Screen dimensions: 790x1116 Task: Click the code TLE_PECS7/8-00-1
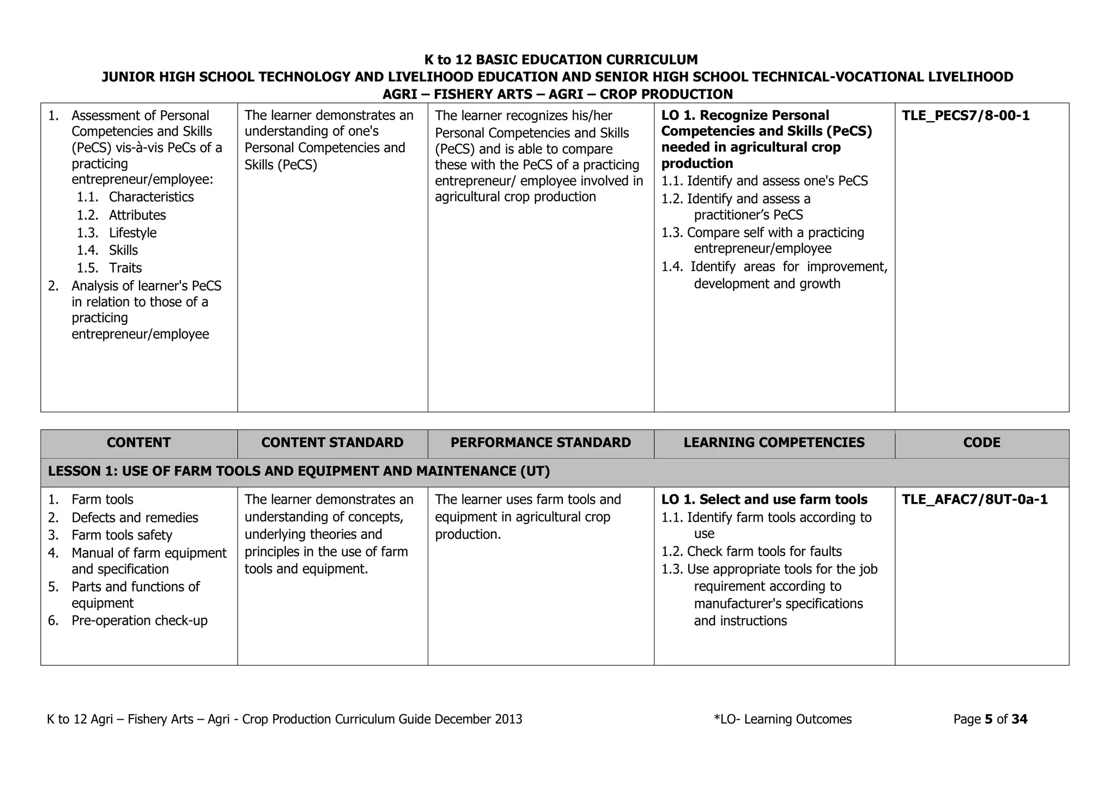pos(966,116)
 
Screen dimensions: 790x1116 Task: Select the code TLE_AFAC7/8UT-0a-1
pos(975,499)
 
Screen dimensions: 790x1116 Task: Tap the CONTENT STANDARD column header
pos(332,443)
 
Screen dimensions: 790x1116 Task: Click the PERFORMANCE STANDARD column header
pos(541,443)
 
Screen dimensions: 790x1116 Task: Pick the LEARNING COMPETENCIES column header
pos(774,443)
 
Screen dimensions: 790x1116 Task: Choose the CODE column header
pos(981,443)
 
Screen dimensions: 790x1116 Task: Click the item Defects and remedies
pos(135,517)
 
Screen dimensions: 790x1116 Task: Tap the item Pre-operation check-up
pos(139,620)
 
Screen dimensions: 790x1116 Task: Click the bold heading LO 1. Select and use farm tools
pos(764,499)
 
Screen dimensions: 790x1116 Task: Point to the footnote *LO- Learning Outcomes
pos(783,719)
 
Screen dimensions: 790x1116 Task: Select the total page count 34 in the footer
pos(1019,719)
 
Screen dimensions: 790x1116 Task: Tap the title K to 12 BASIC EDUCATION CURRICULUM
pos(561,59)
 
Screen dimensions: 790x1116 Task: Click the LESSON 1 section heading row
pos(299,472)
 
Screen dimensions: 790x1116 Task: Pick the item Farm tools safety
pos(122,535)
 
